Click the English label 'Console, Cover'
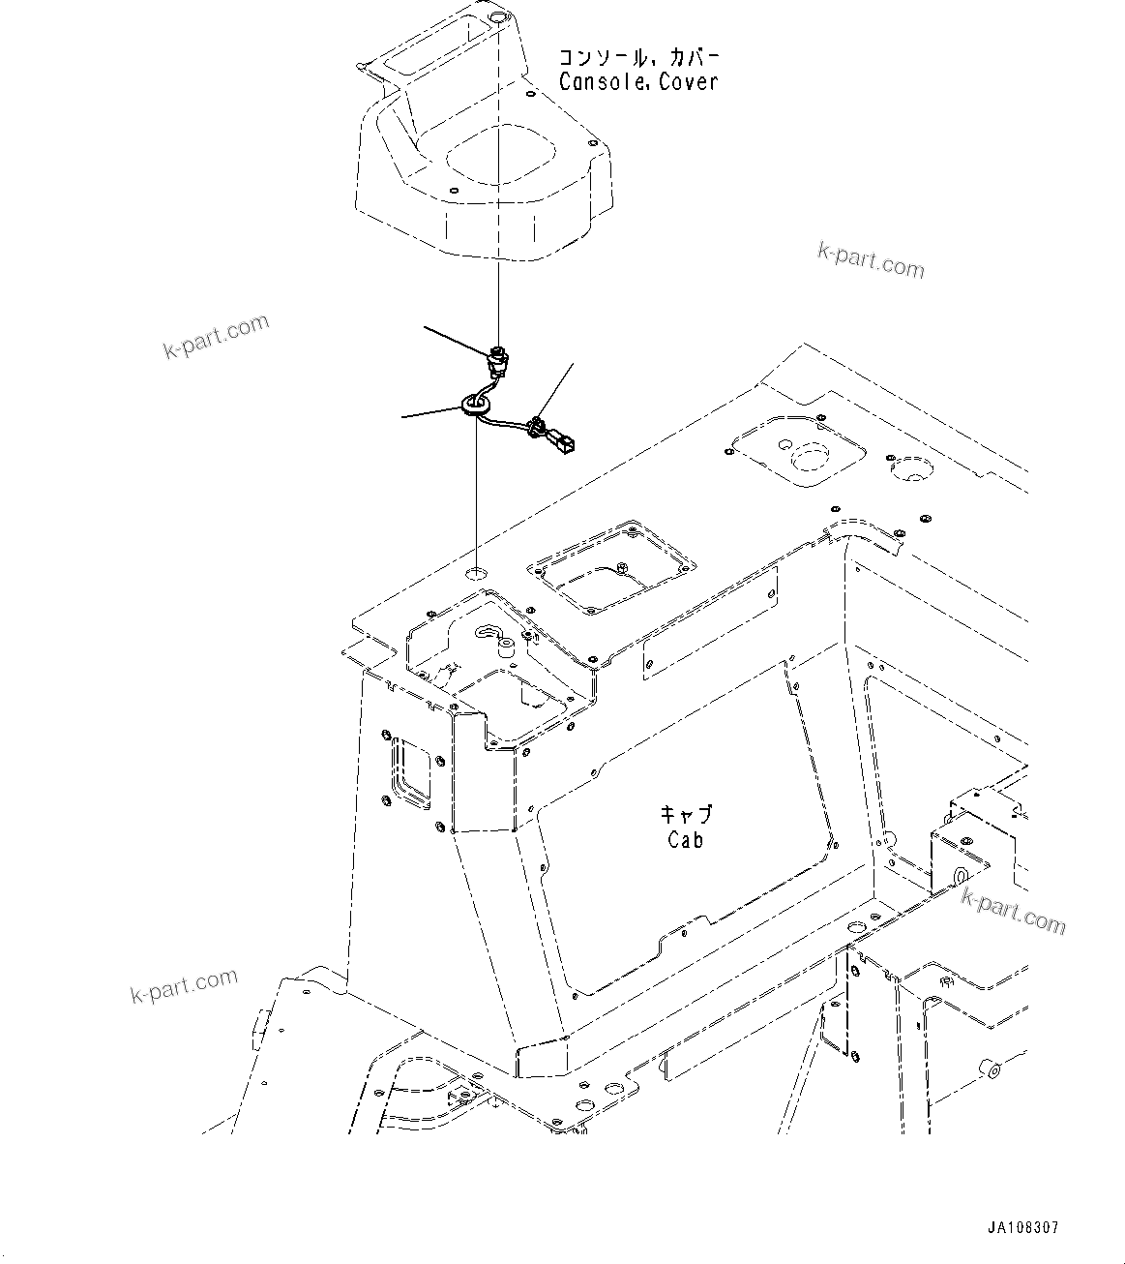638,82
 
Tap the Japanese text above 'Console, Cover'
638,55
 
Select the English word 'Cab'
685,840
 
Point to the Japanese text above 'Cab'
685,815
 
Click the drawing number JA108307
1022,1227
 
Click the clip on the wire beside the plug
535,425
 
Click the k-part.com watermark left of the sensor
216,336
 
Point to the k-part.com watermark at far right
1013,913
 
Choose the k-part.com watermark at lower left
184,985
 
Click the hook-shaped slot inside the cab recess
488,632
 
